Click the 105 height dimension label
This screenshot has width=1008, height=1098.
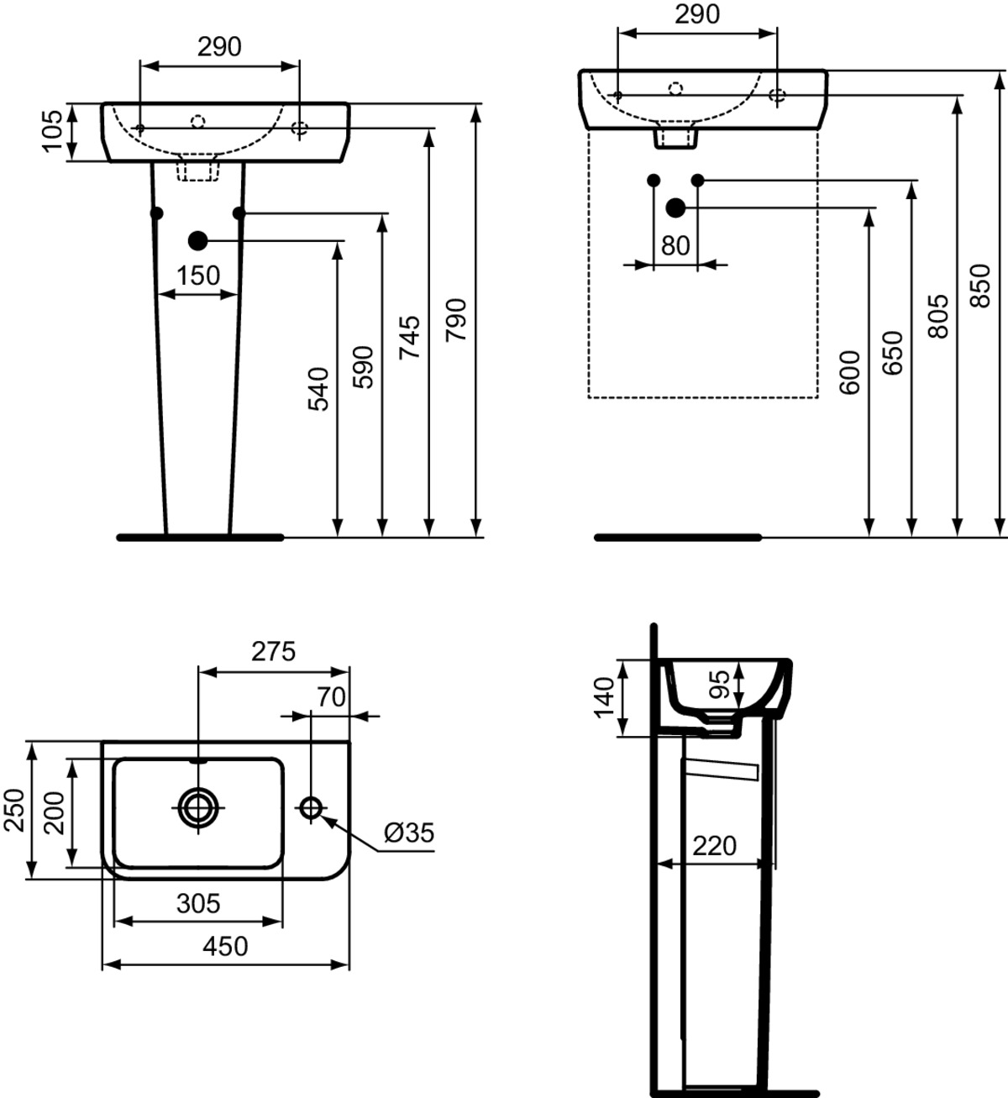coord(52,131)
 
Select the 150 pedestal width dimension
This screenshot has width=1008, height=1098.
coord(198,275)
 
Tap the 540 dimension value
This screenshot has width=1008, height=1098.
coord(319,388)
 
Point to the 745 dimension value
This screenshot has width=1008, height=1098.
coord(410,338)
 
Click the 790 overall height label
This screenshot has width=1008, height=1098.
coord(455,319)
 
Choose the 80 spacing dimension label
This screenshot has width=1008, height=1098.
coord(675,245)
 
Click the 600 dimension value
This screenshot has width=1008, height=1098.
coord(850,373)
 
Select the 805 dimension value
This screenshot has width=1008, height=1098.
coord(940,316)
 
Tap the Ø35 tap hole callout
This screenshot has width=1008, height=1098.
coord(409,833)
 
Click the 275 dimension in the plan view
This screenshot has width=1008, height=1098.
coord(273,651)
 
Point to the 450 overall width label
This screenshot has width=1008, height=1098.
coord(226,946)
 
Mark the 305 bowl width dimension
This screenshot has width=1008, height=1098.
coord(198,903)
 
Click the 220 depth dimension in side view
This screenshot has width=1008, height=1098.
coord(714,844)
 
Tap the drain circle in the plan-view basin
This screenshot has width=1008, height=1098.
coord(198,807)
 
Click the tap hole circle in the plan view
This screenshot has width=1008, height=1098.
coord(311,807)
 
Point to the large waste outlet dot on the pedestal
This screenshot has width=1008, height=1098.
coord(198,241)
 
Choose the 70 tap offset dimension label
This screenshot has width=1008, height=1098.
coord(332,696)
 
